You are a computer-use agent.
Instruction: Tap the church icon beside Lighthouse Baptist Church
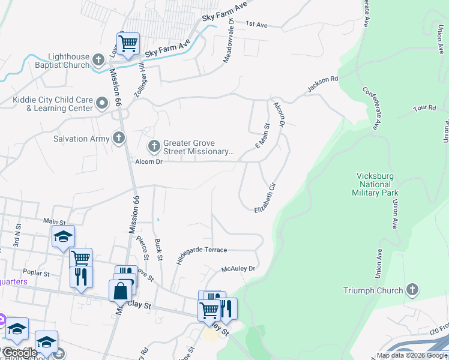[100, 61]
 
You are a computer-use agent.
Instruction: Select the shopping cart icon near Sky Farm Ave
[128, 44]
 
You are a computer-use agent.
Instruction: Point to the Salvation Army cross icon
[119, 139]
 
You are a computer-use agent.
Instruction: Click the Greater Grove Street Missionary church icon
[154, 146]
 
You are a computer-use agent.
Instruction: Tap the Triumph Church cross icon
[412, 290]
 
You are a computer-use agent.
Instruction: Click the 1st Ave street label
[256, 25]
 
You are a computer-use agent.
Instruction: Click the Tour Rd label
[424, 108]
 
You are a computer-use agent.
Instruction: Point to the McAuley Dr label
[238, 269]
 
